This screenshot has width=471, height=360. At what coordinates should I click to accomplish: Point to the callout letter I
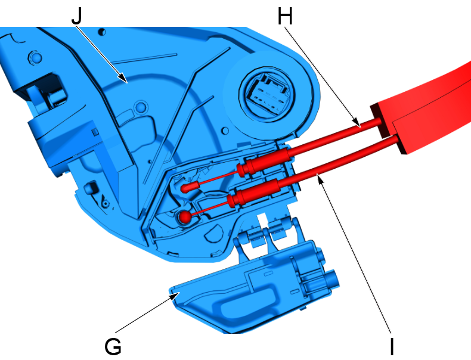pyautogui.click(x=392, y=346)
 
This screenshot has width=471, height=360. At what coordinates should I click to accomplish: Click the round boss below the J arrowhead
pyautogui.click(x=141, y=107)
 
